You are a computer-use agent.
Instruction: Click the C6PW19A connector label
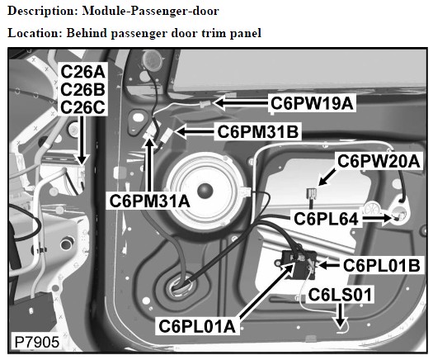tap(312, 103)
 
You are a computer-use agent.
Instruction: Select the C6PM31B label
tap(258, 132)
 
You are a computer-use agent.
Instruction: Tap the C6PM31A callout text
tap(149, 201)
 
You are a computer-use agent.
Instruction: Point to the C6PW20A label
tap(379, 161)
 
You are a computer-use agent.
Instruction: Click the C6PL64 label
tap(326, 220)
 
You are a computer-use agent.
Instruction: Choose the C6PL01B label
tap(382, 265)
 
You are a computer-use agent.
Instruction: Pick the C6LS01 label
tap(340, 295)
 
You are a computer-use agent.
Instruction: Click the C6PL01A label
tap(197, 326)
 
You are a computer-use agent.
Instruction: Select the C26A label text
tap(82, 72)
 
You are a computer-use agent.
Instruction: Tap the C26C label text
tap(82, 107)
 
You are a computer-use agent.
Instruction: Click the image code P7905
tap(37, 342)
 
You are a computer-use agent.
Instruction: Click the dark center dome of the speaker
tap(205, 191)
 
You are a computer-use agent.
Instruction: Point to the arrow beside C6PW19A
tap(242, 102)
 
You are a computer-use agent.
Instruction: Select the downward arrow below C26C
tap(82, 140)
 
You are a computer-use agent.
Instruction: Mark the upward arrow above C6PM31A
tap(149, 164)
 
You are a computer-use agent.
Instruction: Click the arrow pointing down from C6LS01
tap(341, 315)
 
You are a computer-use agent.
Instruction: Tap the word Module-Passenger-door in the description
tap(150, 11)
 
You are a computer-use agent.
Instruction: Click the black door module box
tap(299, 263)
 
